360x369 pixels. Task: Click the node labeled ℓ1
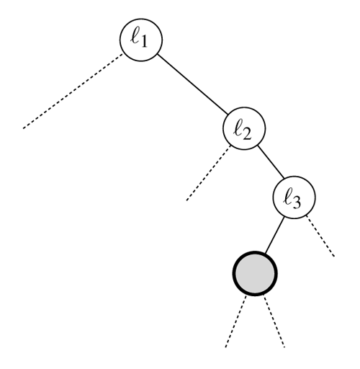point(141,40)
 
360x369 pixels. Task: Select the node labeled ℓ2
point(244,128)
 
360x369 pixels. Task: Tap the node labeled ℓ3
point(294,197)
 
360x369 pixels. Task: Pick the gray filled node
point(255,273)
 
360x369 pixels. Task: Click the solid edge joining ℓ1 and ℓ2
point(193,84)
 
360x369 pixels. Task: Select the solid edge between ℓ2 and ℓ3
point(271,162)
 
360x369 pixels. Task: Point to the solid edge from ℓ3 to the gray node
point(274,235)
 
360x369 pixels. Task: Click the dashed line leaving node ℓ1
point(73,91)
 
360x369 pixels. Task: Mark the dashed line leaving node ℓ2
point(208,172)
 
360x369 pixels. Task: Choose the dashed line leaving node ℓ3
point(320,236)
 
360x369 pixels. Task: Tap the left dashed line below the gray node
point(236,321)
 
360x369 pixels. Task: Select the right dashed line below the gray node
point(274,321)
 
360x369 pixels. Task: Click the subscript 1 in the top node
point(143,43)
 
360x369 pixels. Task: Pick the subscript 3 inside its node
point(296,203)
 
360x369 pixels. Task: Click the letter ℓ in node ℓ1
point(135,37)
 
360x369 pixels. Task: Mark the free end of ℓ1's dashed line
point(23,128)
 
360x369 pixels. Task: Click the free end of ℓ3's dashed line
point(334,257)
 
